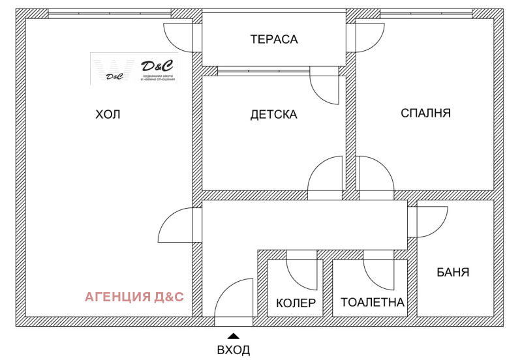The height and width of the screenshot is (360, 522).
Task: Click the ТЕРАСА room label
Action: [273, 39]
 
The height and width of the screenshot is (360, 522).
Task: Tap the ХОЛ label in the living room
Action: [108, 115]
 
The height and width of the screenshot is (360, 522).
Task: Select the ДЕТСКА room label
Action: [273, 115]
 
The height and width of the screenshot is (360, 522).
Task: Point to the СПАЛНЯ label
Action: [425, 113]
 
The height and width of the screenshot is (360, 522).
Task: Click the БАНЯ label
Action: [453, 272]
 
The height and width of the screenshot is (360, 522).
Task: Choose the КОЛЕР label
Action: [296, 303]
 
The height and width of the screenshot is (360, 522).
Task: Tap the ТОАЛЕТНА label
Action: [373, 303]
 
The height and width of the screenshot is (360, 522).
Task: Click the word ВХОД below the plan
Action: [234, 350]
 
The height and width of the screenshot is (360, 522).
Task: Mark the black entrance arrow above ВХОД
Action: [234, 336]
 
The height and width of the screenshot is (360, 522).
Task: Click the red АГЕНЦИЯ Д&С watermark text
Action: [134, 297]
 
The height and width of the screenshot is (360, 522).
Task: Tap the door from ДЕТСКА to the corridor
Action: [325, 176]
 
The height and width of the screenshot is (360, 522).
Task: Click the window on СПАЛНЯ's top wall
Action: [426, 13]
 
